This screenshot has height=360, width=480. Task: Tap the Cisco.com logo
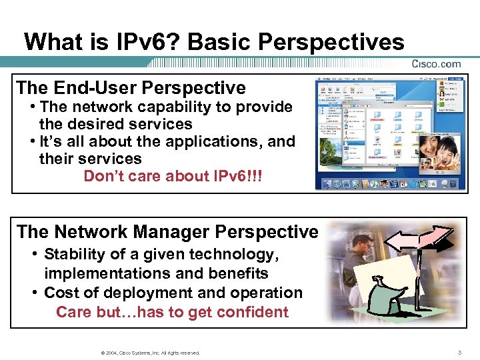[x=436, y=64]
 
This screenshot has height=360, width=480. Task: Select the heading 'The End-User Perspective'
[x=131, y=87]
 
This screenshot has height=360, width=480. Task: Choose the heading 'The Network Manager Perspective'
[x=167, y=231]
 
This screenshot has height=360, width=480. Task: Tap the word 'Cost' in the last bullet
[x=63, y=293]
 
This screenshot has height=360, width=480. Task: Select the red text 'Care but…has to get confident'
[x=172, y=312]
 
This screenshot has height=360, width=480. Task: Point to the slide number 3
[x=459, y=351]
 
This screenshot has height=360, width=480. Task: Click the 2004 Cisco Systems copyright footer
[x=148, y=352]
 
